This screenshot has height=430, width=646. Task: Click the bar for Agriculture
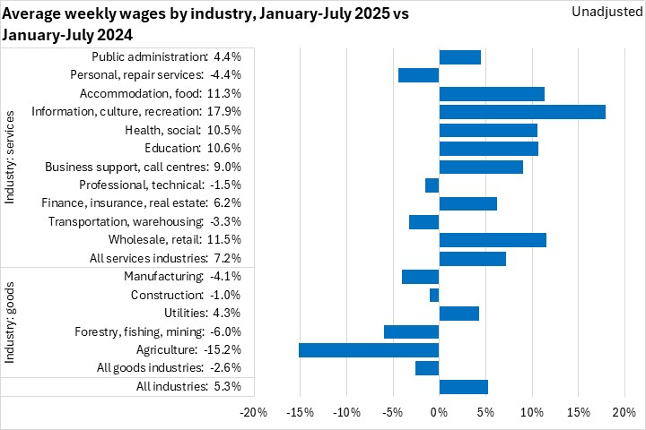coord(369,349)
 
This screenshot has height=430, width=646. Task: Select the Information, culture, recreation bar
coord(522,112)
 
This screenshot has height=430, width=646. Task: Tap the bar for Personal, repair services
coord(418,75)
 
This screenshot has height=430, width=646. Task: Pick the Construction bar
coord(434,295)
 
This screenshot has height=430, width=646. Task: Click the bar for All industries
coord(463,386)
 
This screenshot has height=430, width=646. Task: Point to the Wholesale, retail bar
coord(493,240)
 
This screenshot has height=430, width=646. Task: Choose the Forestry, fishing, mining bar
coord(411,331)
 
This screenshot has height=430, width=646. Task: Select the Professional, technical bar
coord(432,185)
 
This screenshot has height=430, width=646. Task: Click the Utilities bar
coord(458,314)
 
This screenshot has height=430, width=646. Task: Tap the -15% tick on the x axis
coord(300,412)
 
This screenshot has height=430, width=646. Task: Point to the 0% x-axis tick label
coord(439,412)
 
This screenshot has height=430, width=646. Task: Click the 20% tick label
coord(623,412)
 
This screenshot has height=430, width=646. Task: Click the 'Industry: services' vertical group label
coord(11,158)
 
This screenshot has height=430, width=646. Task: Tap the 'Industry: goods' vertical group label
coord(11,322)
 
